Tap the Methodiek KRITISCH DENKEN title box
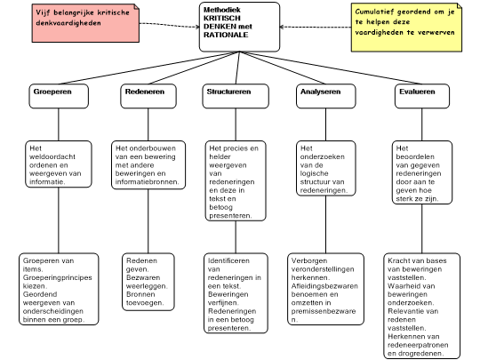click(238, 27)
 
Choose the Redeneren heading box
click(148, 96)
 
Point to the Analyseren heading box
click(324, 96)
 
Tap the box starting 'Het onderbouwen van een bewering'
click(148, 164)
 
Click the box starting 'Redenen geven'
click(148, 280)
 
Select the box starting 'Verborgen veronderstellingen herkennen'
click(325, 286)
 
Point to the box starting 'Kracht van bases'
click(422, 306)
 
